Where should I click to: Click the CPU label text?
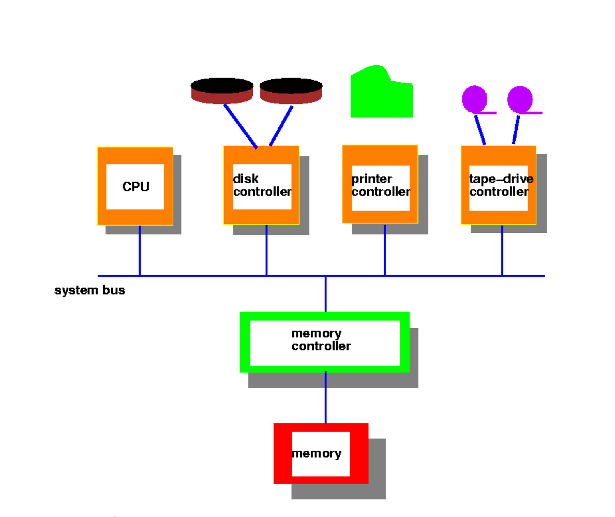tap(136, 186)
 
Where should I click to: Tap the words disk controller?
tap(262, 185)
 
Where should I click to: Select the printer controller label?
tap(380, 185)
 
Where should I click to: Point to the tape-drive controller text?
tap(500, 185)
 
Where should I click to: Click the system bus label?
tap(89, 290)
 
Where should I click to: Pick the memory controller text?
tap(321, 340)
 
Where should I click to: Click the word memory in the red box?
tap(317, 454)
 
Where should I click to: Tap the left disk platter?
tap(222, 91)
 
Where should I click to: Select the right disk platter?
tap(291, 91)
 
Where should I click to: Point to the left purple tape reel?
tap(474, 98)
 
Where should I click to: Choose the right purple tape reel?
tap(520, 98)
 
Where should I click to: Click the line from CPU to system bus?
tap(139, 250)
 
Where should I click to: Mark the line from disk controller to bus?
tap(266, 250)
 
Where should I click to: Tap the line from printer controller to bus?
tap(384, 249)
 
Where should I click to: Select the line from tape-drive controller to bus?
tap(502, 250)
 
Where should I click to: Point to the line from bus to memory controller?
tap(325, 293)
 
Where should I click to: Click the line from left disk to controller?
tap(240, 126)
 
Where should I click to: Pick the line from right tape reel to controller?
tap(516, 129)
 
